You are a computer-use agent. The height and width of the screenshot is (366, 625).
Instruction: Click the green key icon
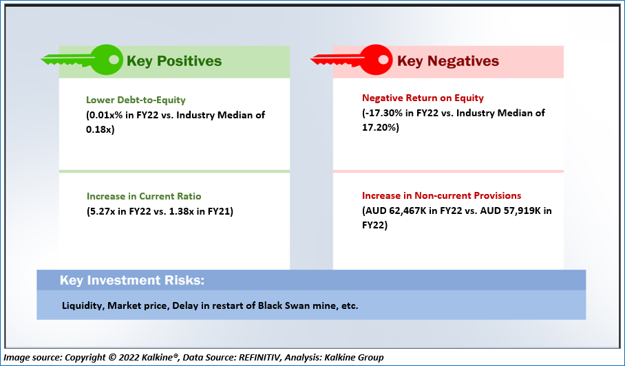coord(82,60)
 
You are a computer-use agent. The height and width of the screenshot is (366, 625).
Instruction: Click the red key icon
coord(351,60)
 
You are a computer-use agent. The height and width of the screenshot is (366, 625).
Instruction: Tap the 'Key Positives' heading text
coord(174,61)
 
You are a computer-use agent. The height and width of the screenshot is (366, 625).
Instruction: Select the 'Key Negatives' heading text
coord(448,61)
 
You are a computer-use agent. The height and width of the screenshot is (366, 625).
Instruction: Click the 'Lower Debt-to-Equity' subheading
coord(136,100)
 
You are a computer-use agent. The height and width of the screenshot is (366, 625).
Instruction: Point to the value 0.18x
coord(100,130)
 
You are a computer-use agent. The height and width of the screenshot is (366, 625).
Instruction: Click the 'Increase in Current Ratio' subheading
coord(144,196)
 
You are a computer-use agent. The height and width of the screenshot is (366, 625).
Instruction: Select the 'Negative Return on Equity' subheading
coord(423,98)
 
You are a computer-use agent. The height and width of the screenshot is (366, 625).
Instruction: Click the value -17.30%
coord(385,113)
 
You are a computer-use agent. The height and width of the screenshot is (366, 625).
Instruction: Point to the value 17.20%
coord(379,127)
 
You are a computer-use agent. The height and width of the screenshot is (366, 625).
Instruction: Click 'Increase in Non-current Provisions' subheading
coord(442,195)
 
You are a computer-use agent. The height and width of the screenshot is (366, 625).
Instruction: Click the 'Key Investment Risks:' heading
coord(132,280)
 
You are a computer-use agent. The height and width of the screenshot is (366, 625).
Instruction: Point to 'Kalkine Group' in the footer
coord(354,357)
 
